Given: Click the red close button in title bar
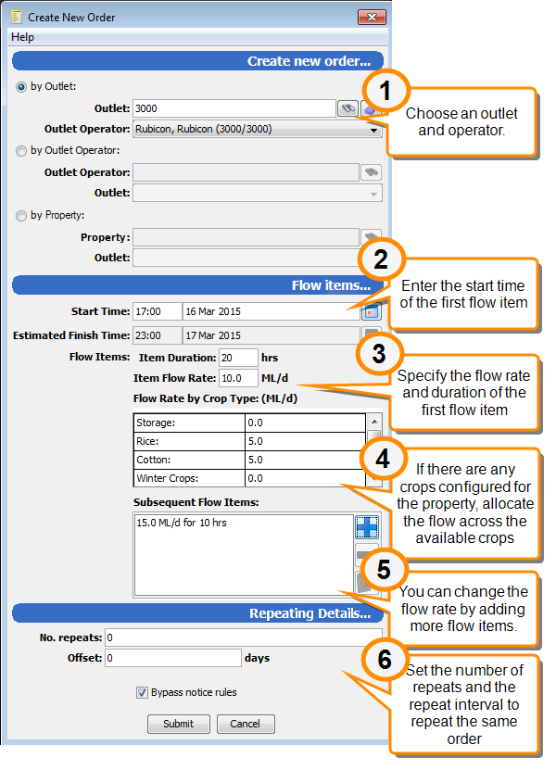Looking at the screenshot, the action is [372, 18].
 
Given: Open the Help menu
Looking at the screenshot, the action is [22, 37].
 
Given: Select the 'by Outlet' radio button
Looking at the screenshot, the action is [21, 87].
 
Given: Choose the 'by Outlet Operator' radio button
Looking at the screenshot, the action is [21, 151].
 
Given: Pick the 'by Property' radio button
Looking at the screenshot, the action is [21, 216].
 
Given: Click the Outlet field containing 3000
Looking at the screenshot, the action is [234, 108].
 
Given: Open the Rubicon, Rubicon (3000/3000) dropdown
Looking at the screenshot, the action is [257, 129].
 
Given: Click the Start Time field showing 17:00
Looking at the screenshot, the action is [157, 311].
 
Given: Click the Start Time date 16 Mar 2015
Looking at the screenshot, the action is [271, 311].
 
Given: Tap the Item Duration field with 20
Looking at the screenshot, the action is [238, 358].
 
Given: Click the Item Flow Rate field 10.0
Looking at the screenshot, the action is [238, 378].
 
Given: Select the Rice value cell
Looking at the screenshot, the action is [305, 441].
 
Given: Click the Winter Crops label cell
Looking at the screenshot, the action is [189, 478].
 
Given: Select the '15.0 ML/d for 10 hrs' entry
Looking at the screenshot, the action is [182, 523].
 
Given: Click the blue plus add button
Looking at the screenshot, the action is [367, 527].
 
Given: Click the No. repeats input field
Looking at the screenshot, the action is [243, 637].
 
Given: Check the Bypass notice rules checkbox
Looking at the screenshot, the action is [142, 692].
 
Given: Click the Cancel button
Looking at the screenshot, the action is [246, 724].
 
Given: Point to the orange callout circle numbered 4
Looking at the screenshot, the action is [383, 460].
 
